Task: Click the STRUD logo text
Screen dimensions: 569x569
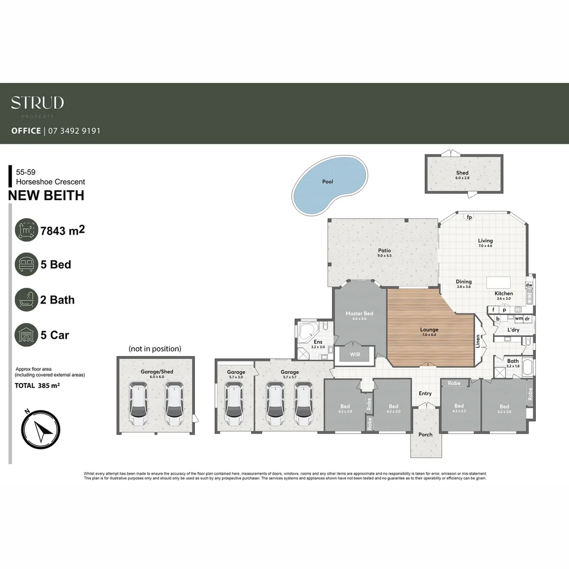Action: coord(37,102)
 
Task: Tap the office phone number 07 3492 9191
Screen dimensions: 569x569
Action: coord(74,131)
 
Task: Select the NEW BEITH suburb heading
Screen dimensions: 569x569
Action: coord(46,195)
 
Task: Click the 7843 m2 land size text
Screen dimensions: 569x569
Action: coord(63,230)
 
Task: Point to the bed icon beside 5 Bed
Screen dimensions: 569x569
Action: coord(26,264)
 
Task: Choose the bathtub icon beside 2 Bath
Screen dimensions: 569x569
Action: coord(26,300)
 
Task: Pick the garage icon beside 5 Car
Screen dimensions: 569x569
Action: coord(26,335)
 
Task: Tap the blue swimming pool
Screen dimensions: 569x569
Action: coord(328,185)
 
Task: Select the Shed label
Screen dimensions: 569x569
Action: coord(462,173)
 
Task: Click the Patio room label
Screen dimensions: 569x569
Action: coord(384,251)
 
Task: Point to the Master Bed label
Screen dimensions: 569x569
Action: coord(359,313)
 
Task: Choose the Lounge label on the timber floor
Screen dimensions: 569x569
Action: coord(429,330)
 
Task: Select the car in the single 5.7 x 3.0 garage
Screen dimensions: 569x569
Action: coord(235,404)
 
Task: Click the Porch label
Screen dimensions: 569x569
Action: coord(425,435)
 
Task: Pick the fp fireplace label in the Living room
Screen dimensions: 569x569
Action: coord(469,217)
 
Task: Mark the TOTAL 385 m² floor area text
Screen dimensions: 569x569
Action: coord(37,386)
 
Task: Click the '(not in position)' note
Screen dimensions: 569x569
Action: coord(155,349)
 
